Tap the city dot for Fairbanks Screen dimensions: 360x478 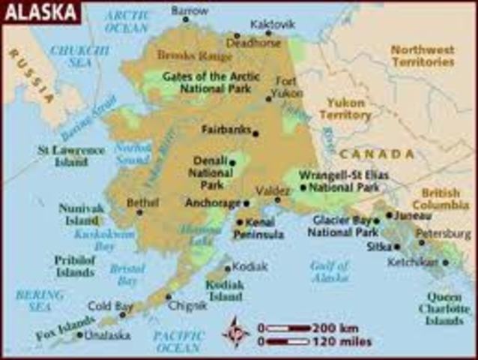(255, 133)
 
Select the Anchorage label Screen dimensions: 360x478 (213, 202)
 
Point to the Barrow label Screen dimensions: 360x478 (190, 11)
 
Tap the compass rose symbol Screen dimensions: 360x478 (237, 331)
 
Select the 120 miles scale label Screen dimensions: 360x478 (342, 342)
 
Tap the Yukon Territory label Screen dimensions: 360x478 (345, 109)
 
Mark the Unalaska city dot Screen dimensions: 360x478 (79, 334)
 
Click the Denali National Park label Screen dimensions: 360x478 (210, 172)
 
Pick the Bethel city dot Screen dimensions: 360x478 (139, 212)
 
